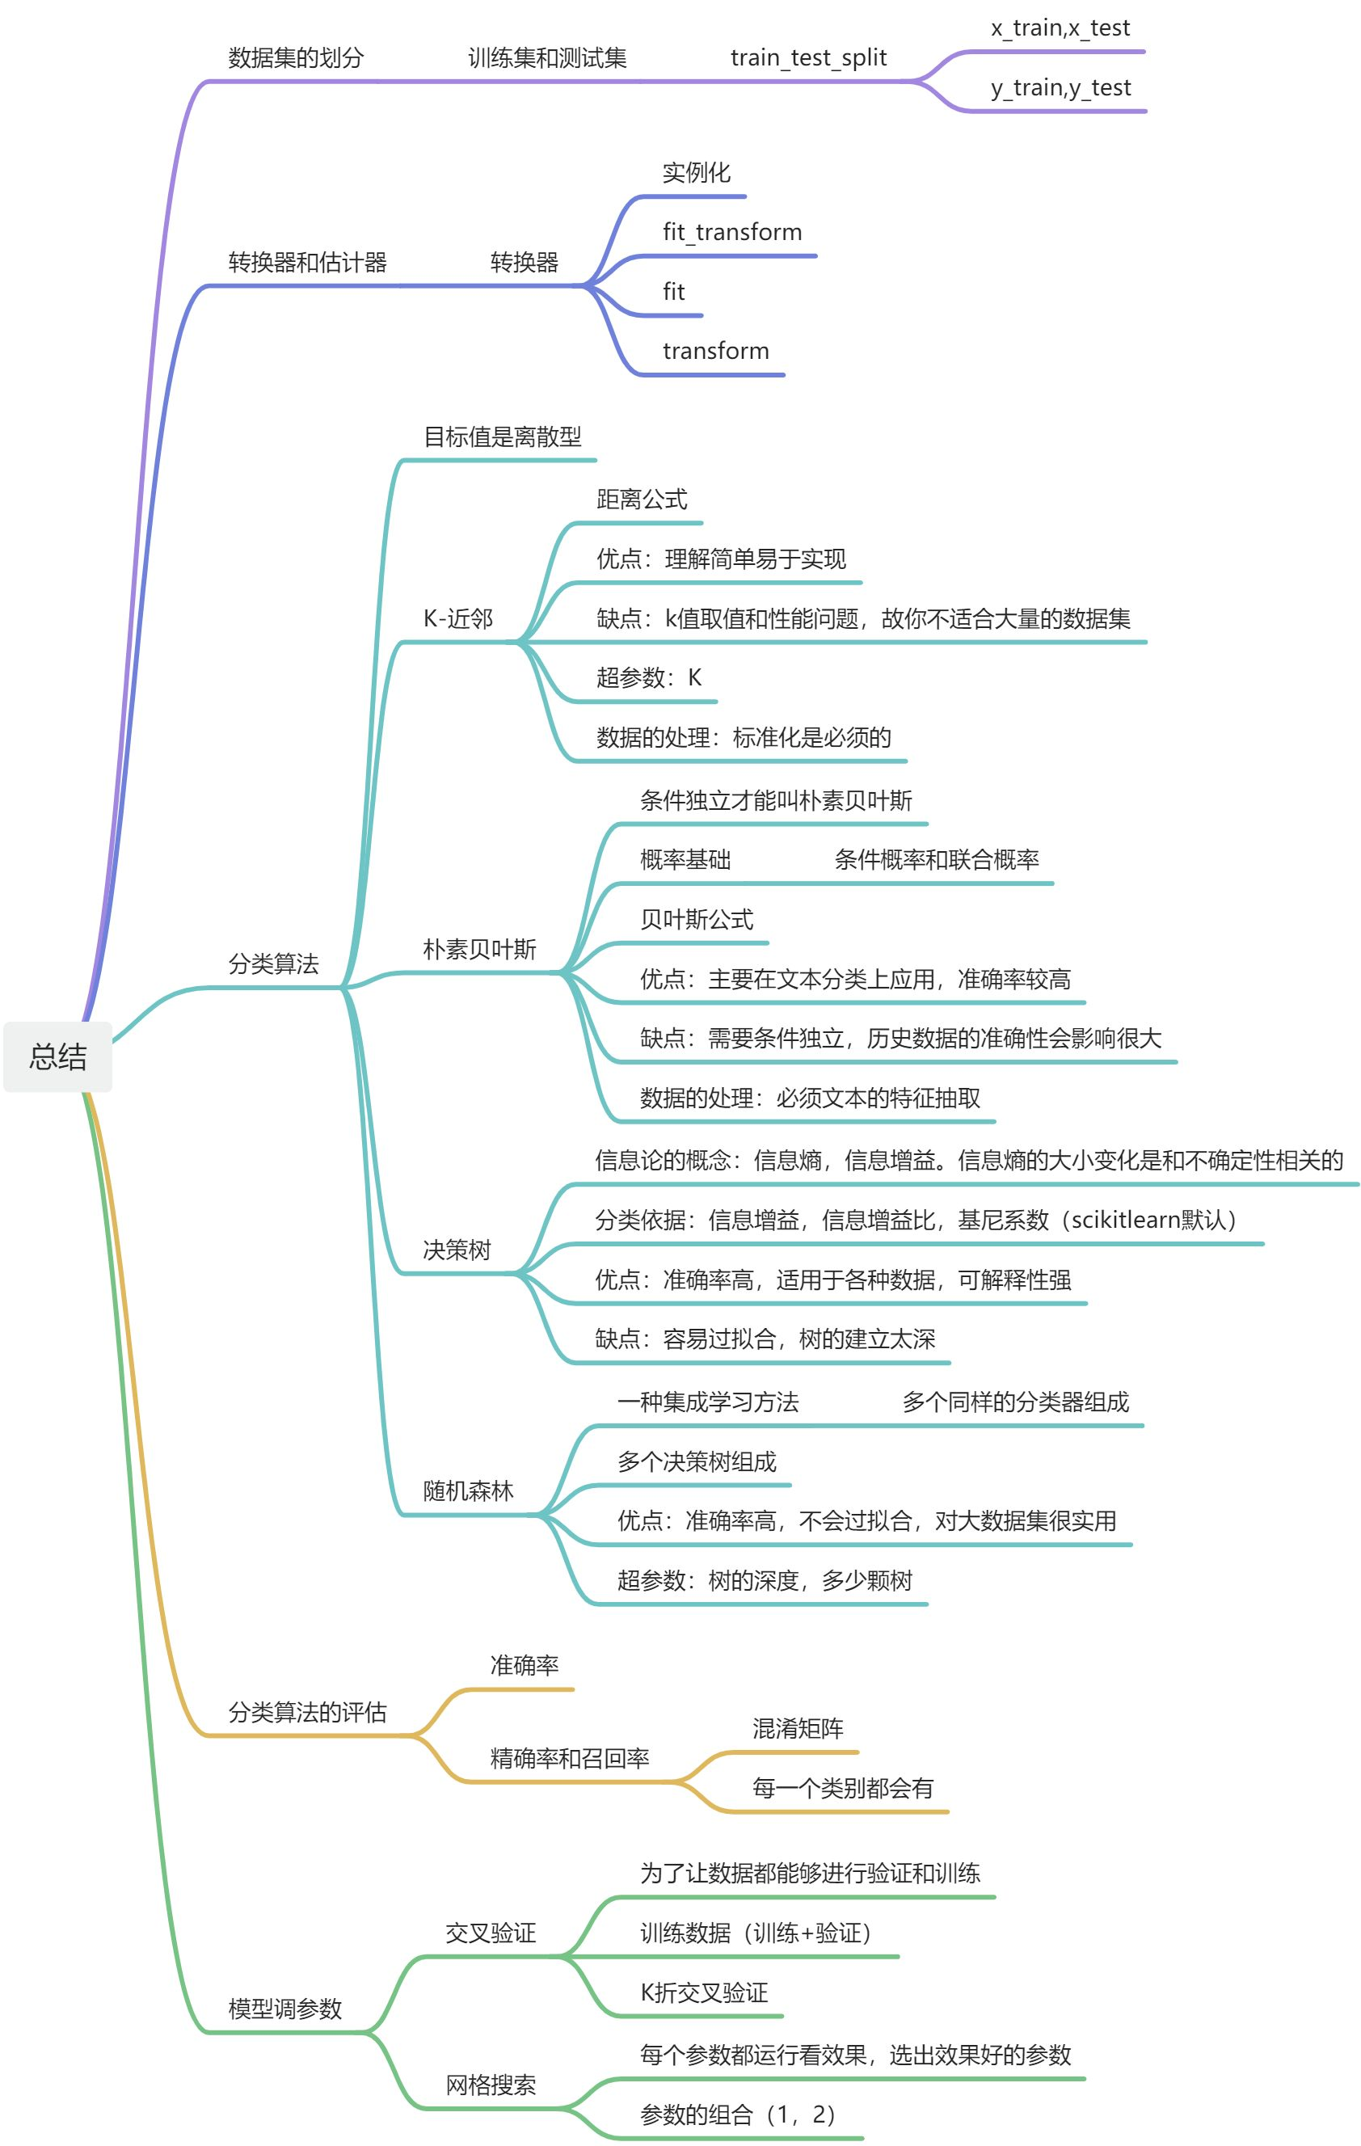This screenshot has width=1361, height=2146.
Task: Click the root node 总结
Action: (x=58, y=1056)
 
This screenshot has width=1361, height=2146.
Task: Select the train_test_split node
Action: (x=807, y=58)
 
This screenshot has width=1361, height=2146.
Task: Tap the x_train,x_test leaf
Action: (x=1060, y=28)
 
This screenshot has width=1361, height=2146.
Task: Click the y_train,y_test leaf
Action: (x=1060, y=88)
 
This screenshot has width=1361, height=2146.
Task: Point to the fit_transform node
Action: (x=731, y=233)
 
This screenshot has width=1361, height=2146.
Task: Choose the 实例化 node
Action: (x=696, y=173)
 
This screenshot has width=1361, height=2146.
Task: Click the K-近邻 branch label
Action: (x=457, y=618)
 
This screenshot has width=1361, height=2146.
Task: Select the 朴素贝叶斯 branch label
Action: (x=479, y=949)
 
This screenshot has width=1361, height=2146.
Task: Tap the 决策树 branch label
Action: (x=457, y=1250)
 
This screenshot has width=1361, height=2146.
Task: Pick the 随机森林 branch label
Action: (x=468, y=1491)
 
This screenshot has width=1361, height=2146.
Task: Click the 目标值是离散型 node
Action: (x=502, y=436)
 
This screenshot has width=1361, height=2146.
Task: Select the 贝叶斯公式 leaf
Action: (x=696, y=919)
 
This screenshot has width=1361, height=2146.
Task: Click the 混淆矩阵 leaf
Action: (x=798, y=1729)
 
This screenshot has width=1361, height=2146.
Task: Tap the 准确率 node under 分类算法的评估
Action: (x=524, y=1666)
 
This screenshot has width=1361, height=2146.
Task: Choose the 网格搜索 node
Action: (x=491, y=2085)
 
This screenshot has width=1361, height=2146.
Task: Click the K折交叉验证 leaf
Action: (x=703, y=1992)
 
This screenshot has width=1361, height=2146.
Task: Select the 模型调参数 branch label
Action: (x=285, y=2009)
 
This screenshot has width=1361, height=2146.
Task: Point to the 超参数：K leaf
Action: (x=649, y=678)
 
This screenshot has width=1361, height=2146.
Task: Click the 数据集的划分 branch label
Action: (x=296, y=59)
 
